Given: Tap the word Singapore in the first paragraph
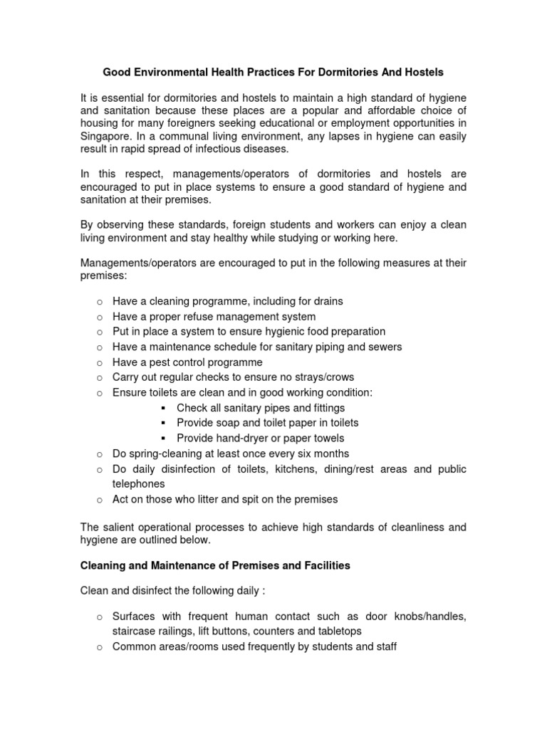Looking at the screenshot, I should [105, 136].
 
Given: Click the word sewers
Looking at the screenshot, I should [385, 347].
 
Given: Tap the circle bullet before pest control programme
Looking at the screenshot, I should [100, 362].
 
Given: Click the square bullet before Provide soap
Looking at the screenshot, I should [164, 423].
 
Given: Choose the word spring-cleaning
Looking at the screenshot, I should [160, 453].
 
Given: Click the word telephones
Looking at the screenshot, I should [138, 483].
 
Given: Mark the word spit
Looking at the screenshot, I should [244, 499].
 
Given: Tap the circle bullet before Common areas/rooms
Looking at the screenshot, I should [100, 647].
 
